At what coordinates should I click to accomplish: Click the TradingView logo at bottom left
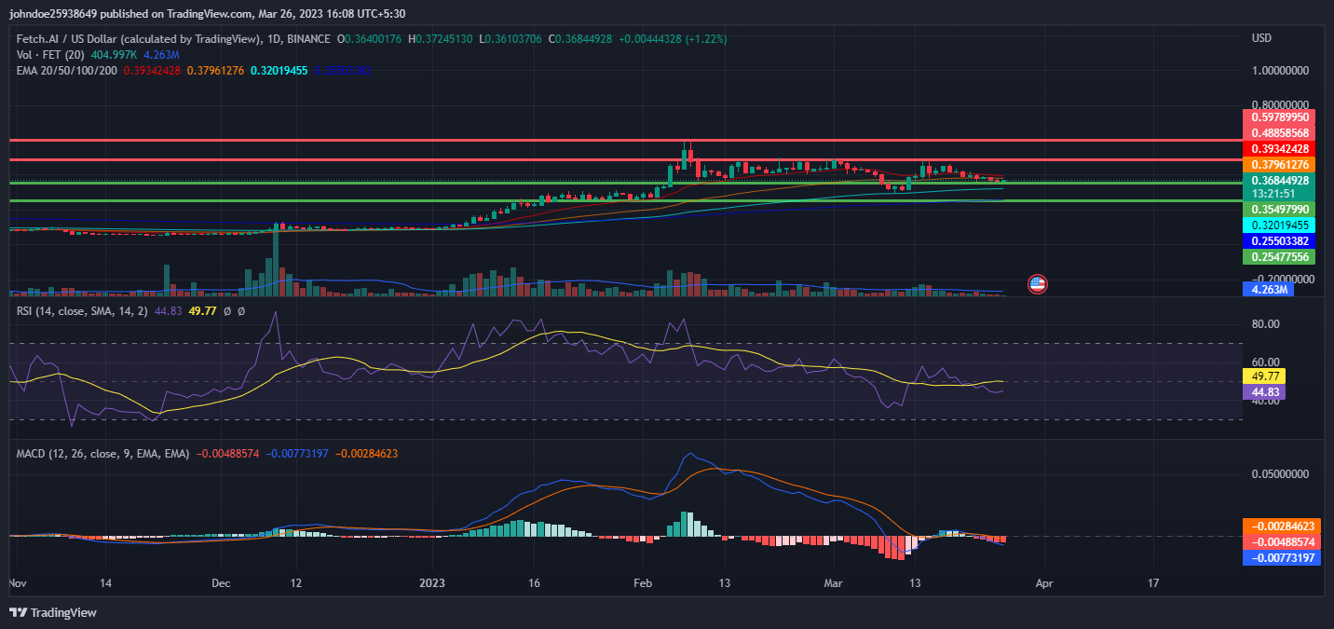(x=53, y=612)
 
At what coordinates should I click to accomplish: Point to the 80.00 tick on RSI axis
(x=1266, y=324)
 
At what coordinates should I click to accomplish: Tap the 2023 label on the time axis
(x=431, y=583)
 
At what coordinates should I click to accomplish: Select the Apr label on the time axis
(x=1044, y=583)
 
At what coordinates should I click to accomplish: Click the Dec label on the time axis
(x=221, y=583)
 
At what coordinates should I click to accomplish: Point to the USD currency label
(x=1262, y=38)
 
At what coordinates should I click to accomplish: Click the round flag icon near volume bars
(x=1037, y=283)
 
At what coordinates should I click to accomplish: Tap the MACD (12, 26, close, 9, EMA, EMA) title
(x=102, y=454)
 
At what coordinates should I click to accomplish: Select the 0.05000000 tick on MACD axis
(x=1277, y=474)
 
